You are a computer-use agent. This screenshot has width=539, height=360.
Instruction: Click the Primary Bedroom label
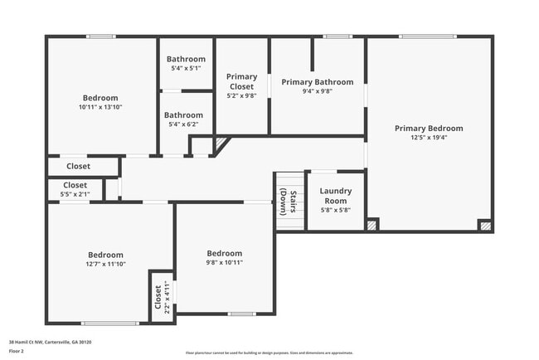point(429,129)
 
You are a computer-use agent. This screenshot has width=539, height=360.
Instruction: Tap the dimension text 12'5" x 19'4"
point(429,138)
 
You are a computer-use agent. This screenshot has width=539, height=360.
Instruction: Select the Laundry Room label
point(336,196)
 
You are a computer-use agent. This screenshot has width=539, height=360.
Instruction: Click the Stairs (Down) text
point(288,201)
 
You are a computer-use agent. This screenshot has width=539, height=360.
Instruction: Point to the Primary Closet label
point(242,81)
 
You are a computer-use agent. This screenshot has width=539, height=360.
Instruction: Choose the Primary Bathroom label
point(317,82)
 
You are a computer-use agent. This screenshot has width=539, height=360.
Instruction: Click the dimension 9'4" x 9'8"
point(317,91)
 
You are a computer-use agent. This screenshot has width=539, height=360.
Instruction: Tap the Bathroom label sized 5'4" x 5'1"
point(186,59)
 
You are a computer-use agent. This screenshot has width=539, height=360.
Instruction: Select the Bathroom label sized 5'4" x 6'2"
point(183,115)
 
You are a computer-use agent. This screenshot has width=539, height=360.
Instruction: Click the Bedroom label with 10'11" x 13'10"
point(100,98)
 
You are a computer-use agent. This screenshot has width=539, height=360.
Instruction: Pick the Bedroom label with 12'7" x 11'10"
point(106,255)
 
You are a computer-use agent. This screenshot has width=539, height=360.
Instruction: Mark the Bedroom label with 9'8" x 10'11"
point(224,253)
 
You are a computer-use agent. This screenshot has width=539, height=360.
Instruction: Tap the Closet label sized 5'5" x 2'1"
point(75,185)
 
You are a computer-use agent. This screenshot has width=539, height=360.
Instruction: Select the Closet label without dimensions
point(78,167)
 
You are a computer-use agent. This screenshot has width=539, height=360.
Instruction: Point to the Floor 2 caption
point(17,352)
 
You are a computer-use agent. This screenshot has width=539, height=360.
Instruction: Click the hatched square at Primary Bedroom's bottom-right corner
point(484,224)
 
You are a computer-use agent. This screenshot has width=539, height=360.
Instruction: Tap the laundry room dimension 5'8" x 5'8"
point(336,210)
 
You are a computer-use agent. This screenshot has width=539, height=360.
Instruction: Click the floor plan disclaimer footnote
point(269,353)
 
